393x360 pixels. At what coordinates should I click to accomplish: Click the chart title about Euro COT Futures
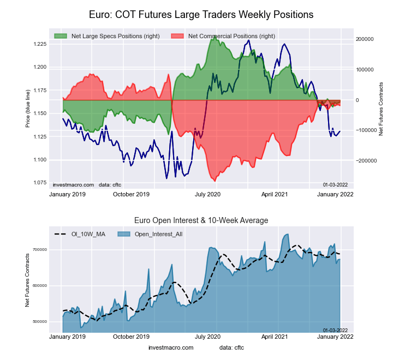coord(201,15)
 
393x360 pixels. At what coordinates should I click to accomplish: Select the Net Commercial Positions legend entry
coord(231,37)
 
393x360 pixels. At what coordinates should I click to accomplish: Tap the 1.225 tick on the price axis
coord(39,44)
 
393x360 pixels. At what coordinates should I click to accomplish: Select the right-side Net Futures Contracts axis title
coord(381,109)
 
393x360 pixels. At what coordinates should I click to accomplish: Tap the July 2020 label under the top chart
coord(207,194)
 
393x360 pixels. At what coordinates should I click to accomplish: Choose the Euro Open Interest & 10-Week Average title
coord(201,220)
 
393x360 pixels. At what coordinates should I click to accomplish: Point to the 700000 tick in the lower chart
coord(39,249)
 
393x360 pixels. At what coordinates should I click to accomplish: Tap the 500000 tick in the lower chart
coord(39,321)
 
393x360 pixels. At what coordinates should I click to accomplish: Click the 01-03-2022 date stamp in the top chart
coord(335,184)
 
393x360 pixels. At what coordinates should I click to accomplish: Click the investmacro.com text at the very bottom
coord(171,347)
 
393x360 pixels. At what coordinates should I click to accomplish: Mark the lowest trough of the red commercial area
coord(214,181)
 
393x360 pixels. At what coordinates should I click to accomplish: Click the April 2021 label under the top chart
coord(274,194)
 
